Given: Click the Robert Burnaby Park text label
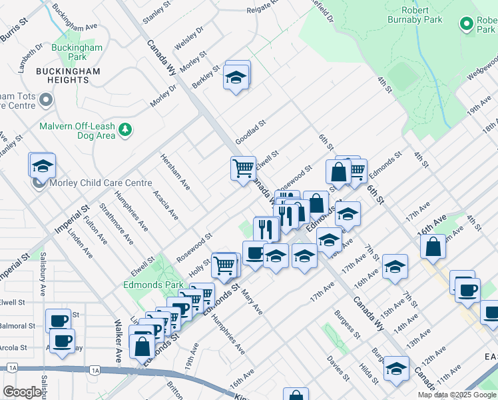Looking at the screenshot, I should click(x=422, y=15).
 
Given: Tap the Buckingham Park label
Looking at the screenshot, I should click(x=79, y=53).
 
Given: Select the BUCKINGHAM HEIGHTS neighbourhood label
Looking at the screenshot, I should click(x=53, y=75).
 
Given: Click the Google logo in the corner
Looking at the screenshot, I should click(x=22, y=392).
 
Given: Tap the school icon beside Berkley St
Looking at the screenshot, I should click(x=236, y=79).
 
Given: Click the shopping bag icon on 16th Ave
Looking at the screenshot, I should click(x=433, y=246).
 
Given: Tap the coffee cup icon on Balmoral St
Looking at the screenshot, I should click(x=58, y=320).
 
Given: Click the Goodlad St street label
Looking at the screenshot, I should click(x=250, y=128).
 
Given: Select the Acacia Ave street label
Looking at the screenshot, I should click(x=165, y=205).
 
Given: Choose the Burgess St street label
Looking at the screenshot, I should click(x=348, y=324).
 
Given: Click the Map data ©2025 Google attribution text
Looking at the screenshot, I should click(x=457, y=395).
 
